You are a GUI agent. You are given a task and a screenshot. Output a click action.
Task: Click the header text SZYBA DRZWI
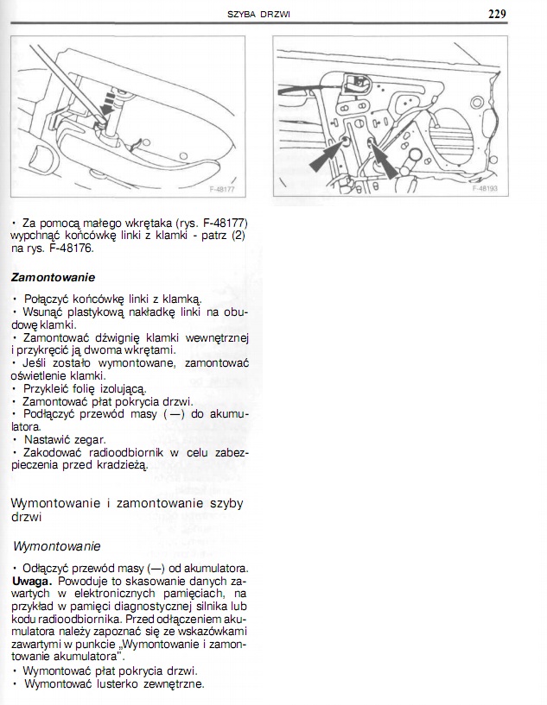(x=258, y=15)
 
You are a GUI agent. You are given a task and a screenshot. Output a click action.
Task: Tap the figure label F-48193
(x=487, y=187)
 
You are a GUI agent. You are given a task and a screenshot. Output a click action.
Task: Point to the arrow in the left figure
(x=106, y=105)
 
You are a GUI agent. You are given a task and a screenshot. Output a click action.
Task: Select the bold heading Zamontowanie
(x=54, y=278)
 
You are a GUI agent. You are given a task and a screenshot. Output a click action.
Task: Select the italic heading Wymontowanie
(x=57, y=546)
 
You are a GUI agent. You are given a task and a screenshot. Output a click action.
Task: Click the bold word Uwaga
(x=31, y=581)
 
